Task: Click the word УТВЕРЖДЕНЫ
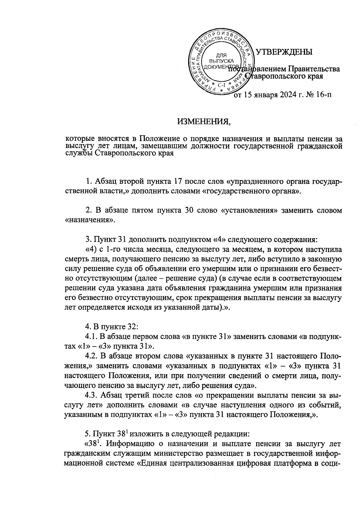click(284, 52)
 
